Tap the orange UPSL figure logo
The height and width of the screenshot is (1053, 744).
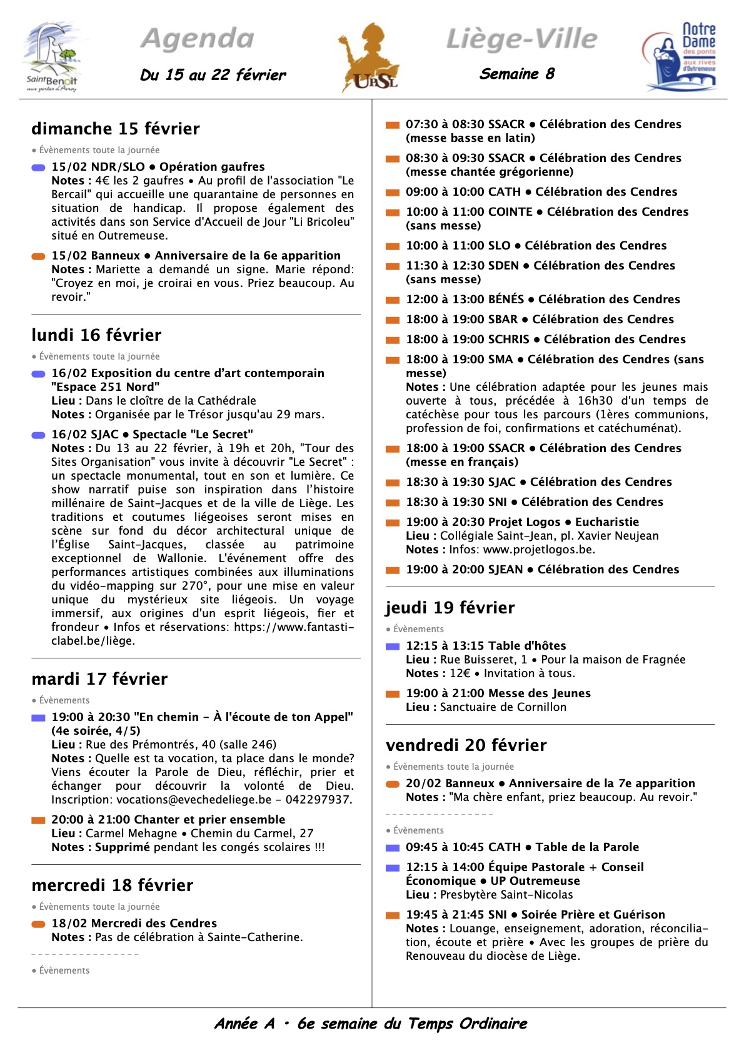pyautogui.click(x=369, y=58)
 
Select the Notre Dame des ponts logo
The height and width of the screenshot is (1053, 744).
pyautogui.click(x=680, y=56)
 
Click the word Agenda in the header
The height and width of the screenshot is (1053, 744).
pyautogui.click(x=198, y=39)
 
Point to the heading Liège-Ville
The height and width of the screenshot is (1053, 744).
pyautogui.click(x=521, y=39)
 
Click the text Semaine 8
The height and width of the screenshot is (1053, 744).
pyautogui.click(x=516, y=74)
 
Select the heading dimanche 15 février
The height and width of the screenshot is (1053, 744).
pyautogui.click(x=116, y=129)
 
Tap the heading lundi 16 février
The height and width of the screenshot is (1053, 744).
pyautogui.click(x=96, y=335)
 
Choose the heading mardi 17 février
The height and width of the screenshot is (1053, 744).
pyautogui.click(x=99, y=679)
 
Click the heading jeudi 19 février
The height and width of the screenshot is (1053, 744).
pyautogui.click(x=450, y=608)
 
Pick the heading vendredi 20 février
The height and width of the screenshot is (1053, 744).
pyautogui.click(x=466, y=745)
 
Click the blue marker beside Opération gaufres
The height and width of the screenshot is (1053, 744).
pyautogui.click(x=39, y=168)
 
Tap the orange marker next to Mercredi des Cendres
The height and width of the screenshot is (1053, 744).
pyautogui.click(x=39, y=924)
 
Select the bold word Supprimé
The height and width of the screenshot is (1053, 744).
pyautogui.click(x=123, y=847)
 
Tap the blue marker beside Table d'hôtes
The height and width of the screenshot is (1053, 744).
pyautogui.click(x=393, y=647)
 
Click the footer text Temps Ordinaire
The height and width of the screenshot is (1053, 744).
pyautogui.click(x=467, y=1024)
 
